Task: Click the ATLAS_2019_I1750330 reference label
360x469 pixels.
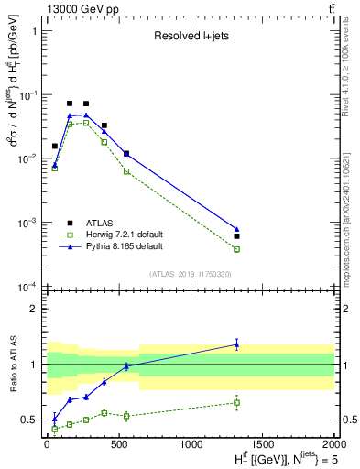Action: [x=190, y=274]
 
